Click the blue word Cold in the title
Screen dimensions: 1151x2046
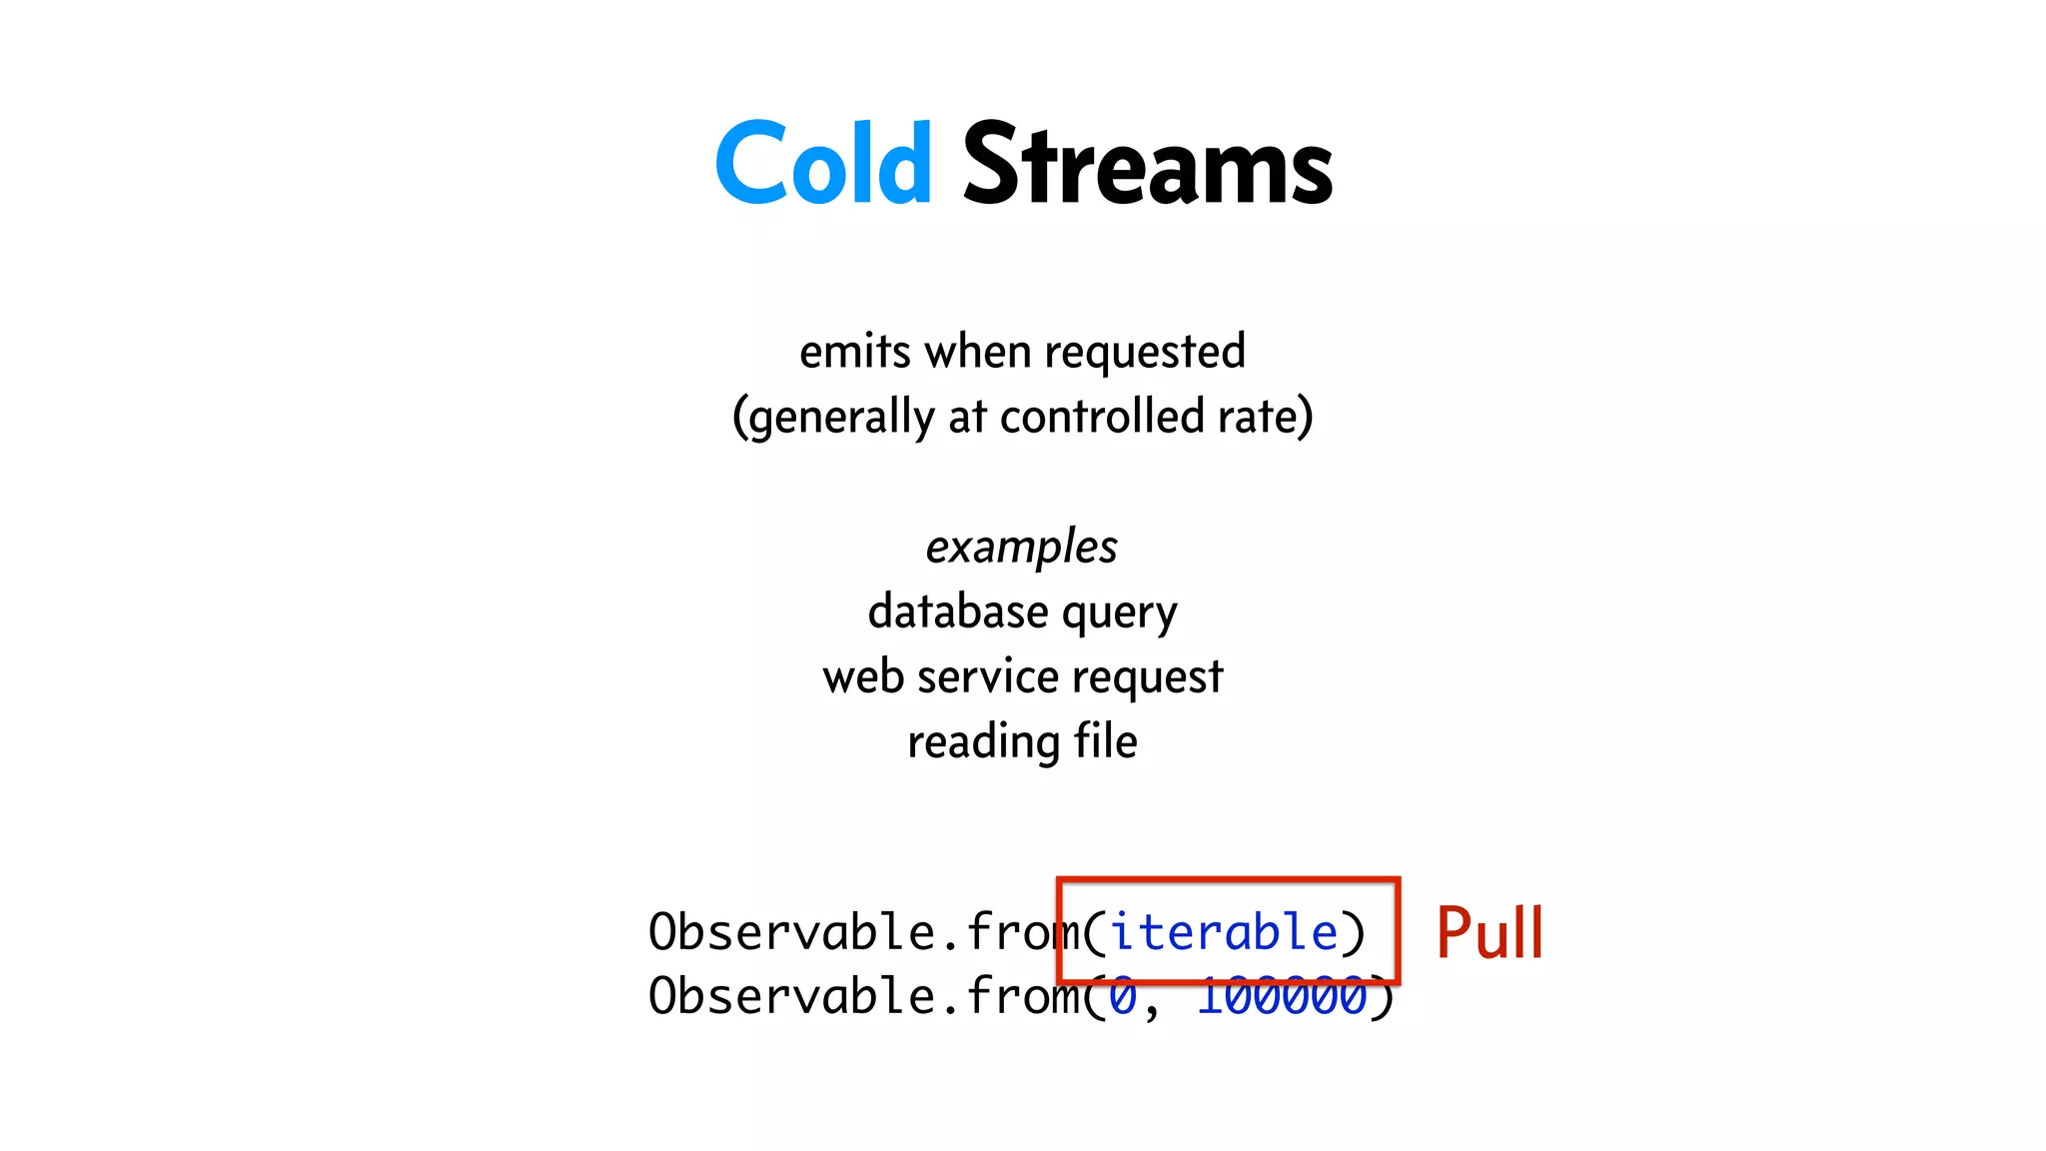tap(823, 164)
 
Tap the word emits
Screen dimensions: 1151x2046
tap(855, 352)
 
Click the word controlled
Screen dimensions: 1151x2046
tap(1101, 416)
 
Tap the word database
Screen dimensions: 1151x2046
tap(958, 611)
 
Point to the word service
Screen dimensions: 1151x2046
tap(987, 677)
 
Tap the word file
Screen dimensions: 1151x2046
tap(1105, 741)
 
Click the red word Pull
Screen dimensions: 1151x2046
tap(1489, 933)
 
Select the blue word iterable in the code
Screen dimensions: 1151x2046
tap(1224, 932)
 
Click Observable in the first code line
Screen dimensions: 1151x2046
tap(791, 932)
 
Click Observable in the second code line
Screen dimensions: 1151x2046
tap(791, 997)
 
